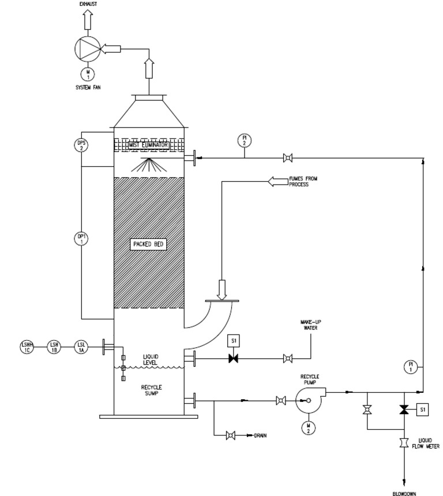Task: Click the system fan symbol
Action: click(88, 49)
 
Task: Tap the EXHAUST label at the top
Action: click(88, 3)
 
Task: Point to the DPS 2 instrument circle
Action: click(81, 145)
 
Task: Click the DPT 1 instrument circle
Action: click(81, 238)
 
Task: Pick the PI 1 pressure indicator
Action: click(411, 367)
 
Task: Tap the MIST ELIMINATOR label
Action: click(148, 145)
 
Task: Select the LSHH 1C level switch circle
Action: click(27, 346)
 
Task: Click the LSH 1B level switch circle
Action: click(54, 346)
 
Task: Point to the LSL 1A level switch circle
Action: click(81, 346)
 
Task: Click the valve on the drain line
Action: click(231, 435)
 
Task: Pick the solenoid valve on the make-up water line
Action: click(234, 359)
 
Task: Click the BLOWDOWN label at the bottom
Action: click(404, 493)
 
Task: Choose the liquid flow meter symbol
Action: click(404, 443)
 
